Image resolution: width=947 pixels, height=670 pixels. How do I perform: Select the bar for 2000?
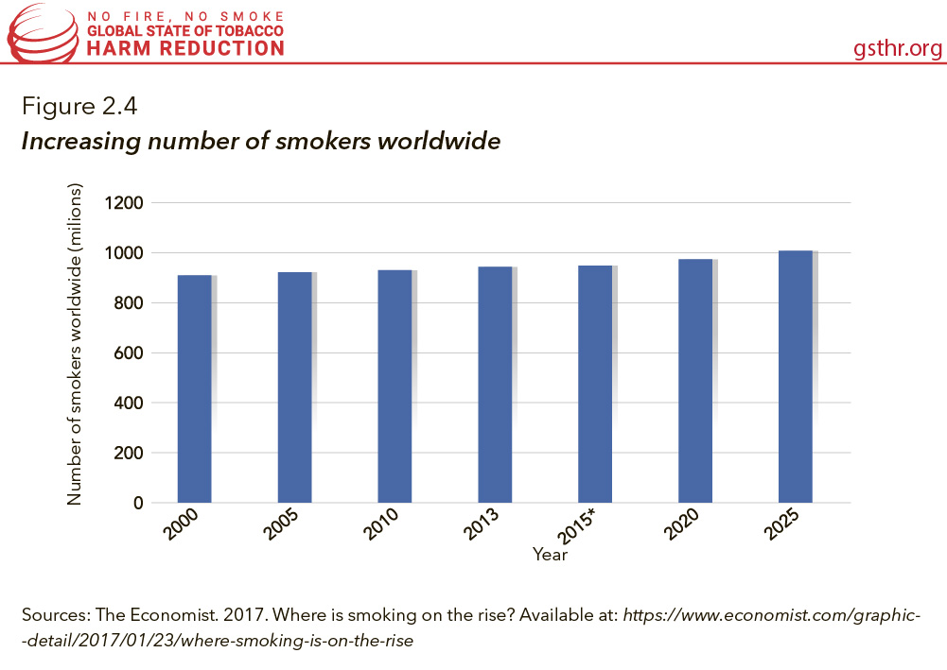(x=194, y=388)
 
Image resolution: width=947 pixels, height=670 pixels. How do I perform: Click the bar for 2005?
(x=294, y=387)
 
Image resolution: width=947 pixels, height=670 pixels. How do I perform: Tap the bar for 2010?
(x=395, y=386)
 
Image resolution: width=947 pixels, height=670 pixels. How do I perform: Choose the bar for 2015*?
(x=595, y=384)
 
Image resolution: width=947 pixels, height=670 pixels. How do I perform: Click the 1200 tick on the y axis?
(x=123, y=203)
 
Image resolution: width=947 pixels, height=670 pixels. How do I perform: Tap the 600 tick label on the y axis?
(x=128, y=353)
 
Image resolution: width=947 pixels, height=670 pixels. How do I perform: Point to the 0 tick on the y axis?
(x=137, y=503)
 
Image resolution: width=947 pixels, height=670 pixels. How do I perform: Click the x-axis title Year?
(x=550, y=555)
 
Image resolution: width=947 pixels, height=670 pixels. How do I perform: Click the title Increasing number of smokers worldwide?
(x=260, y=142)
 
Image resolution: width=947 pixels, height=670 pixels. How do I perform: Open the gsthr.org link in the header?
(x=897, y=48)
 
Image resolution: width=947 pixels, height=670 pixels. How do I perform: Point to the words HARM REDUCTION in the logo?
(x=185, y=48)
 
